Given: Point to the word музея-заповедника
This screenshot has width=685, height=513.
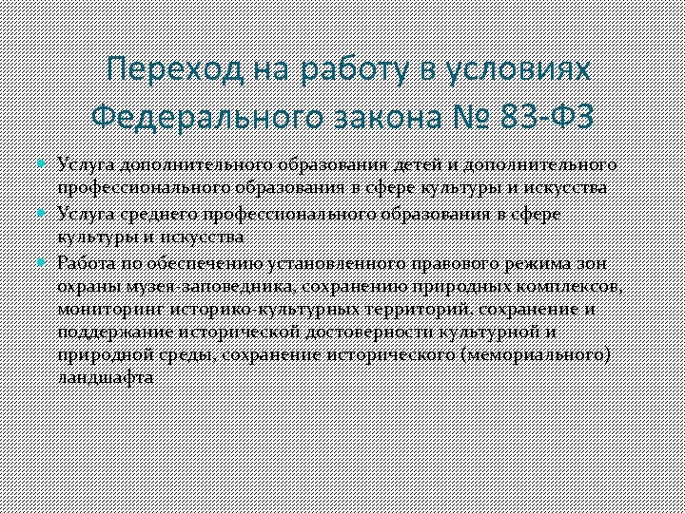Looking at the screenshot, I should tap(206, 285).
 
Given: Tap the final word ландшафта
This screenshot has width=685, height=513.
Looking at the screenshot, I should tap(105, 378).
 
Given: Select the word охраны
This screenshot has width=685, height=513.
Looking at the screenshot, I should tap(85, 285).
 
